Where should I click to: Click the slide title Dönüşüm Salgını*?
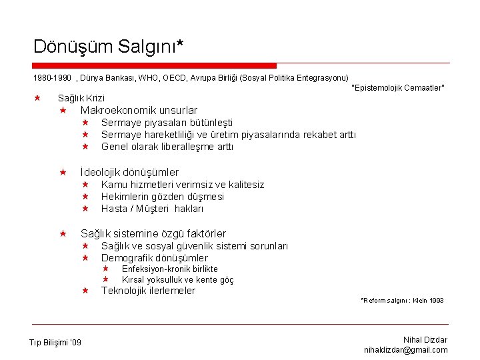[108, 46]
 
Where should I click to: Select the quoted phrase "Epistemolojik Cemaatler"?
[397, 88]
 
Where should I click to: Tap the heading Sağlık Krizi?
[81, 98]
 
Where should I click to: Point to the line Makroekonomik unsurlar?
[139, 110]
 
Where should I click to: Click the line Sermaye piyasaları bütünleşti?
[167, 123]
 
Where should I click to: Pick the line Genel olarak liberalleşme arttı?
[167, 147]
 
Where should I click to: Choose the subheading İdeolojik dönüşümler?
[129, 172]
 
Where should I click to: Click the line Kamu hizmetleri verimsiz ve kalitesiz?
[183, 185]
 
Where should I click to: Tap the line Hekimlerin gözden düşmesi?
[163, 197]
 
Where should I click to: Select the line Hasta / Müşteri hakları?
[153, 209]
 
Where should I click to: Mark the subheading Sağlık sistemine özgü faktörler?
[153, 233]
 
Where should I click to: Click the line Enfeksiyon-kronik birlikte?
[169, 269]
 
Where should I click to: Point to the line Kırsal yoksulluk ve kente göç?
[177, 280]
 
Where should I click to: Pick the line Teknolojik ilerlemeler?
[148, 291]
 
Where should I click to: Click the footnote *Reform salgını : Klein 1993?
[402, 301]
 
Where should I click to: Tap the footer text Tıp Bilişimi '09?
[55, 343]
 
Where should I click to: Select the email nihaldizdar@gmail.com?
[406, 350]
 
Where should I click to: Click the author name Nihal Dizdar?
[425, 340]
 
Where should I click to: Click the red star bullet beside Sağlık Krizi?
[37, 98]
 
